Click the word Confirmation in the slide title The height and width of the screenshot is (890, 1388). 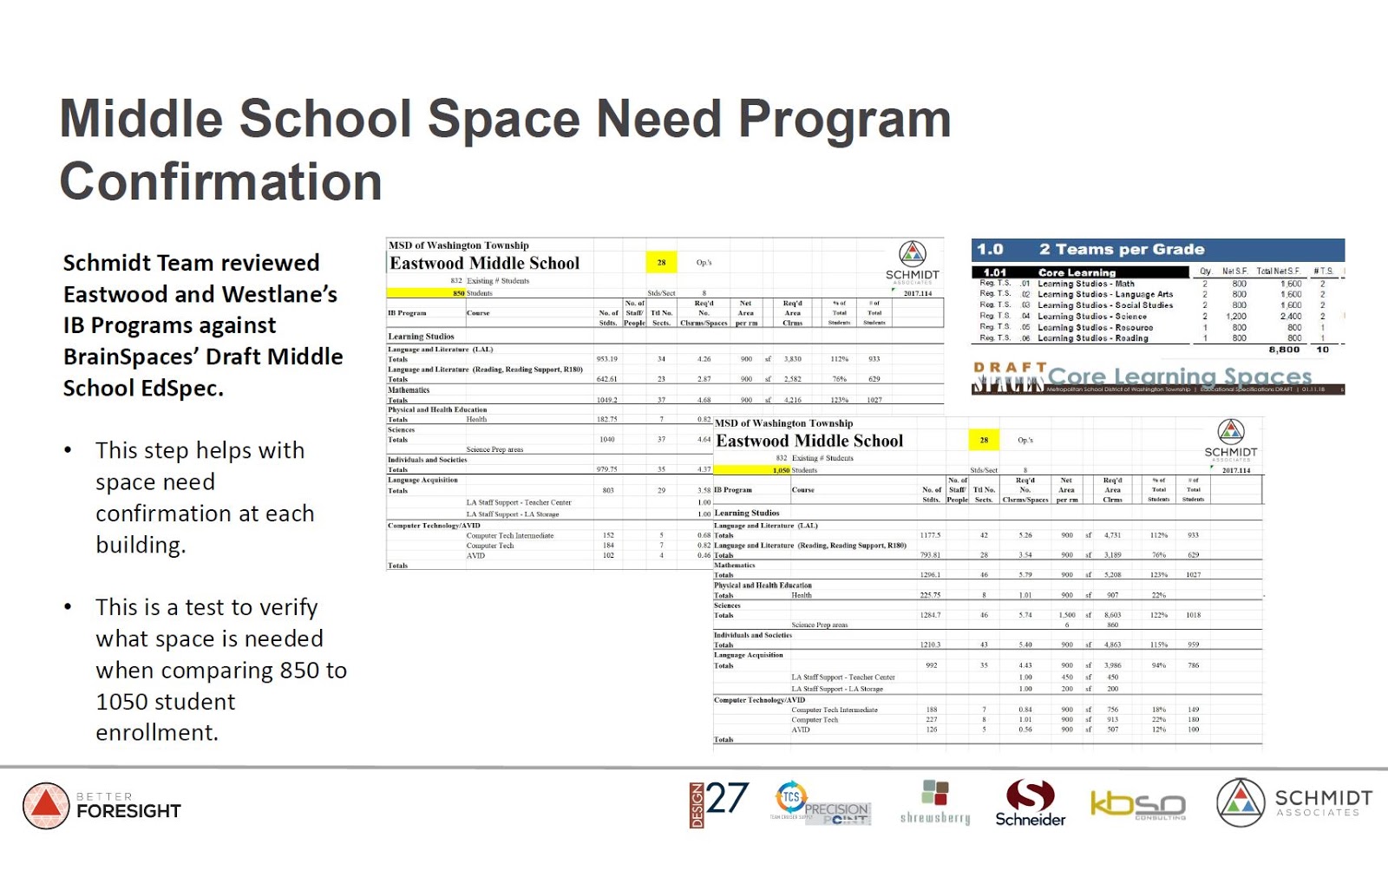click(220, 182)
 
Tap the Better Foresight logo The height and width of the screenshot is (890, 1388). click(101, 806)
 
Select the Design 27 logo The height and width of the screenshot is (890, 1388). click(719, 803)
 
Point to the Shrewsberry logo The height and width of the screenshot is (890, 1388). click(935, 802)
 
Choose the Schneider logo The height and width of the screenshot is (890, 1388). click(1030, 803)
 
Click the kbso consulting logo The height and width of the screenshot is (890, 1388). click(1137, 805)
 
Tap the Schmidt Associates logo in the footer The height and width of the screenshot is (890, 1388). click(1293, 802)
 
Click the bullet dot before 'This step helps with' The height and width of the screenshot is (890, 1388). click(68, 450)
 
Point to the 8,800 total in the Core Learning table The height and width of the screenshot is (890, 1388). click(1283, 350)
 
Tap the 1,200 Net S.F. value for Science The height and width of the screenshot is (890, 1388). click(1239, 317)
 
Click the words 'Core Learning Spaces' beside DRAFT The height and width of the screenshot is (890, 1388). click(1179, 376)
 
